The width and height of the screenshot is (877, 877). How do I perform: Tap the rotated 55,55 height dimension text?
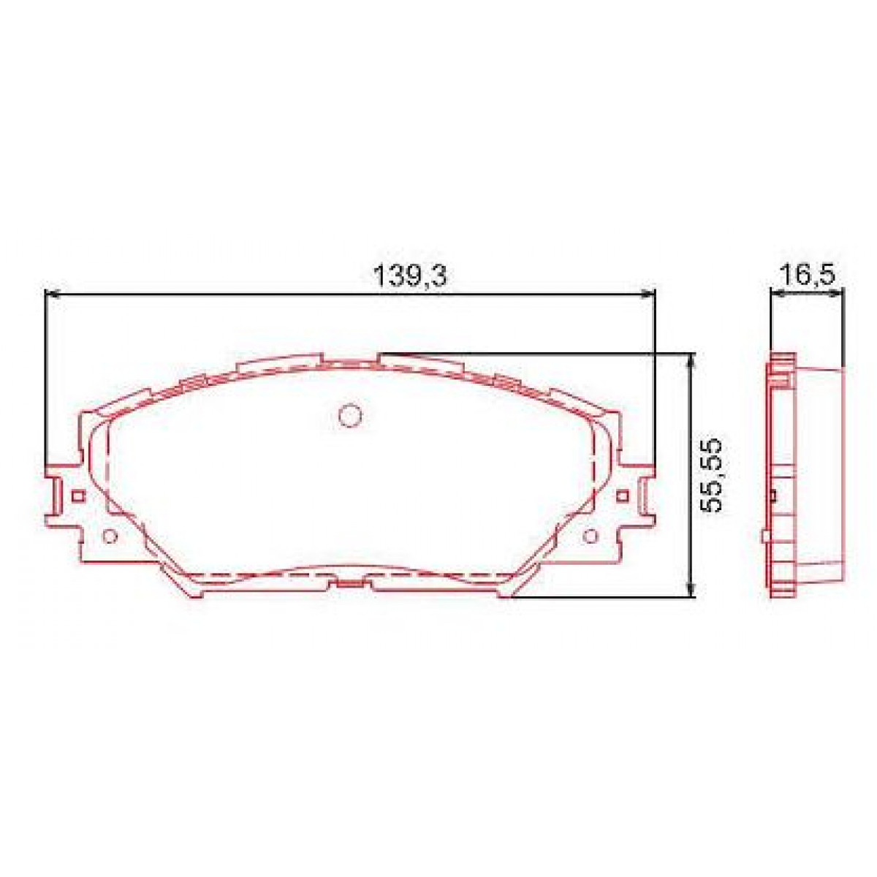(710, 475)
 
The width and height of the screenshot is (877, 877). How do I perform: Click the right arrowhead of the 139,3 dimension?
(648, 294)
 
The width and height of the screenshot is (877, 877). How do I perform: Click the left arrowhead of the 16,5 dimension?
(778, 294)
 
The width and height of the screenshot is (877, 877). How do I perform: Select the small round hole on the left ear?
(110, 537)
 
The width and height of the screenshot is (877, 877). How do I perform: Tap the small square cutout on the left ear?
(79, 496)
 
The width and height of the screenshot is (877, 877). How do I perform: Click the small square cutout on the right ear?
(623, 496)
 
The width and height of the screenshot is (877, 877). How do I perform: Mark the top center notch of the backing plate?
(351, 360)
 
